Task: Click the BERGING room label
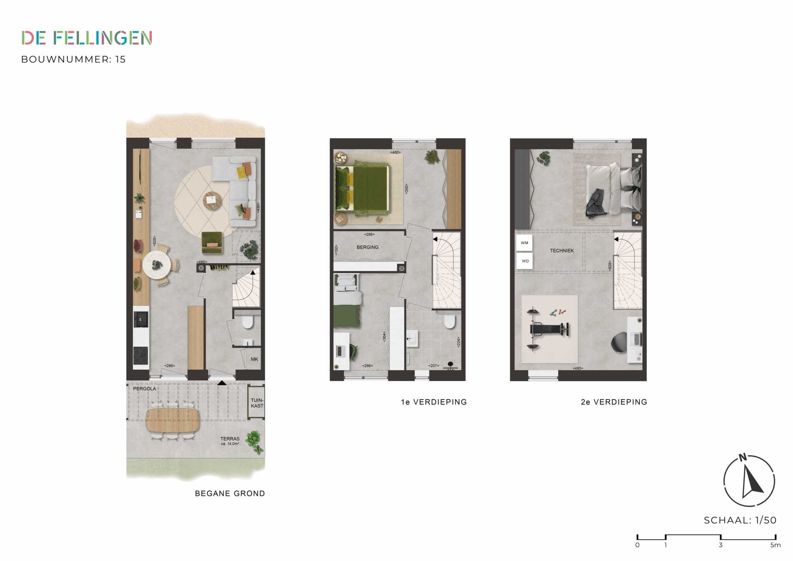tap(368, 247)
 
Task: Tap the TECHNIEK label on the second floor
tap(562, 251)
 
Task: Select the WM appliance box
tap(524, 243)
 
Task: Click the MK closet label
tap(255, 359)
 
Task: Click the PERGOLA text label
tap(144, 389)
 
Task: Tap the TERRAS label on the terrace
tap(230, 439)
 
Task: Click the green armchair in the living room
tap(212, 242)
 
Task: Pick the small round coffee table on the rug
tap(212, 200)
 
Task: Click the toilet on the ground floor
tap(248, 322)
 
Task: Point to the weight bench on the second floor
tap(549, 329)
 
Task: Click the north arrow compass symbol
tap(749, 480)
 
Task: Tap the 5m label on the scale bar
tap(776, 545)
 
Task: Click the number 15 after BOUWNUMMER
tap(120, 60)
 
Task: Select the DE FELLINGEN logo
tap(87, 38)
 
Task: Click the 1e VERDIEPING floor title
tap(434, 402)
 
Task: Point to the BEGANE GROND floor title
tap(230, 494)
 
